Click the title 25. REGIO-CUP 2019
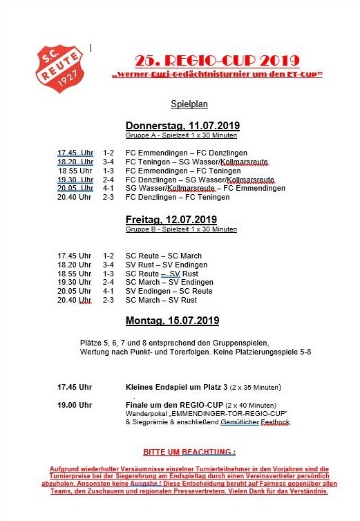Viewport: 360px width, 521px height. pyautogui.click(x=217, y=59)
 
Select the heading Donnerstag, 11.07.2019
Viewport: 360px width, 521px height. pyautogui.click(x=182, y=126)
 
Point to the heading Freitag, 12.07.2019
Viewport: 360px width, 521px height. pyautogui.click(x=172, y=220)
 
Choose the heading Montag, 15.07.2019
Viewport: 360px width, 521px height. pyautogui.click(x=172, y=321)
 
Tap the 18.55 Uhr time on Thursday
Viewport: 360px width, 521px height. pyautogui.click(x=75, y=171)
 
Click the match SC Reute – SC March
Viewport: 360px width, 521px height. pyautogui.click(x=164, y=256)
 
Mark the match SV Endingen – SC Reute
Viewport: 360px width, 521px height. pyautogui.click(x=169, y=292)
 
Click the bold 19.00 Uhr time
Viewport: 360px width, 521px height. pyautogui.click(x=75, y=405)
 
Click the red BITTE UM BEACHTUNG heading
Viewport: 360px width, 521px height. pyautogui.click(x=180, y=452)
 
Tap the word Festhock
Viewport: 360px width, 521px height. pyautogui.click(x=273, y=421)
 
